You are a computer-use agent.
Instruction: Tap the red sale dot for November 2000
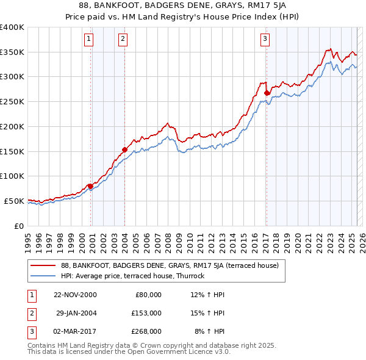pos(90,185)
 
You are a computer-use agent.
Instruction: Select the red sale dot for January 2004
pos(124,149)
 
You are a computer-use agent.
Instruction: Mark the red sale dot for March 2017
pos(267,93)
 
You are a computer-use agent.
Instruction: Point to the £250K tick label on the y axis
pos(12,102)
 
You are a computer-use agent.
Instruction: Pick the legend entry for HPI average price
pos(133,276)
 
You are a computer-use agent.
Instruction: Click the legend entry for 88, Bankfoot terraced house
pos(170,265)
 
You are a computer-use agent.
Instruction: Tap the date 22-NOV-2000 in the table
pos(75,295)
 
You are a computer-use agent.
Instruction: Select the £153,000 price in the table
pos(146,313)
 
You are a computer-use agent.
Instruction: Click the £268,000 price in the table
pos(146,331)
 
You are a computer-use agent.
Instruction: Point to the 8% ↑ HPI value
pos(209,331)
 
